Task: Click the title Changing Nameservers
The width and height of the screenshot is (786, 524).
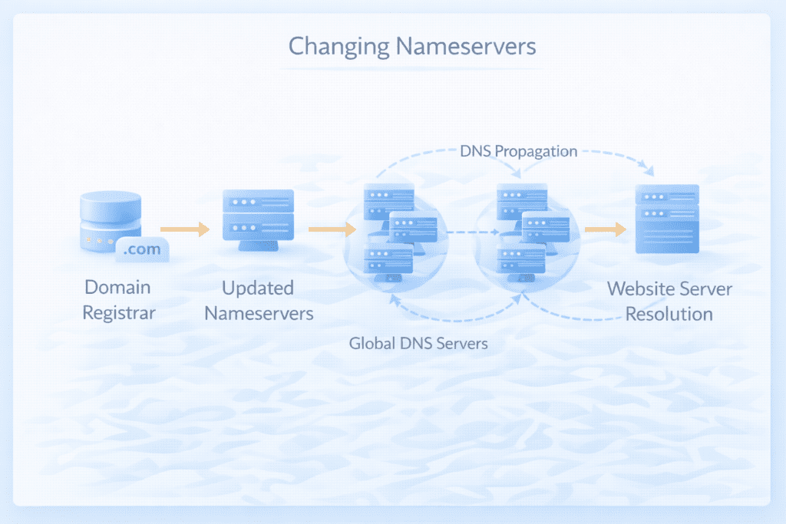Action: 411,46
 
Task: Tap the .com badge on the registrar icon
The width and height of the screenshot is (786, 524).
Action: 142,249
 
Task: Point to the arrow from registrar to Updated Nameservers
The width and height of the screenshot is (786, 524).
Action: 185,229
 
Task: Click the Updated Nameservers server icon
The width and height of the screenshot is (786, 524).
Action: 258,219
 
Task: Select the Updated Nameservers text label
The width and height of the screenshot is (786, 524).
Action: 258,300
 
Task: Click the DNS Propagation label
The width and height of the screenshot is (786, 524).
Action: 519,151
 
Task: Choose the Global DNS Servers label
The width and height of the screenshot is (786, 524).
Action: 418,343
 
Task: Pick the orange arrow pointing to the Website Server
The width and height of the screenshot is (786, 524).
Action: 605,229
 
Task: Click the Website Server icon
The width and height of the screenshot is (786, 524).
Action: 667,219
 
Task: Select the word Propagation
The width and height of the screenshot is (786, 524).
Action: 535,151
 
